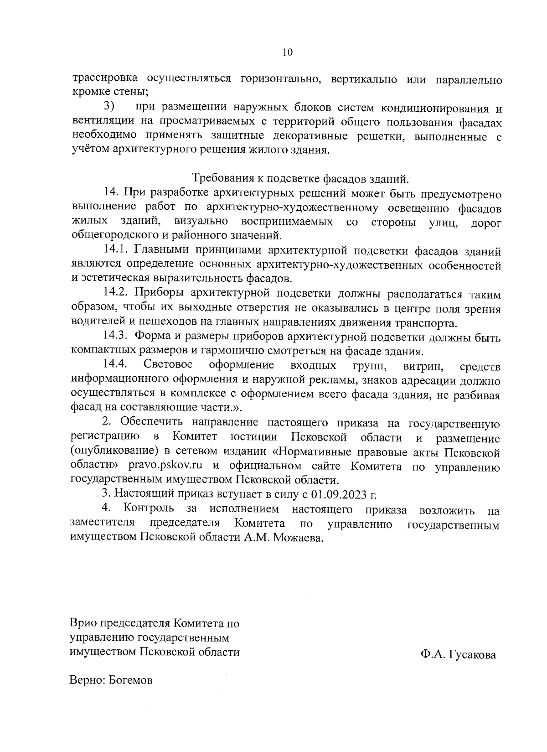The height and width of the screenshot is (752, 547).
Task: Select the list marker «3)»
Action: pyautogui.click(x=109, y=107)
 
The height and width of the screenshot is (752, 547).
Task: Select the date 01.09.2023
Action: pyautogui.click(x=339, y=494)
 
